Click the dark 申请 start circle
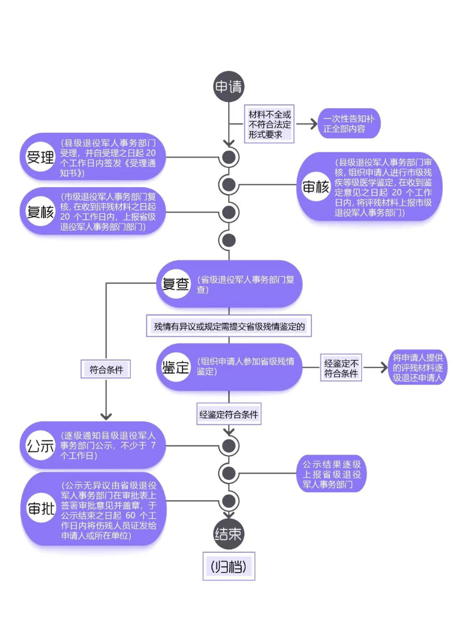(x=228, y=87)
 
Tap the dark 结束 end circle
(x=228, y=534)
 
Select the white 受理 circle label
(x=40, y=158)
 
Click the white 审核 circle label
(x=316, y=187)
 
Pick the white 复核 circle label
(x=40, y=213)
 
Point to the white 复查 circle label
(x=176, y=285)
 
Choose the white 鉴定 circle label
(x=176, y=367)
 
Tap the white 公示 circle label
(x=40, y=445)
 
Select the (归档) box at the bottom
(x=229, y=566)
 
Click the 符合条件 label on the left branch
(x=106, y=370)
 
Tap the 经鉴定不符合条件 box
(x=341, y=368)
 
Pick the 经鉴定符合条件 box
(x=229, y=414)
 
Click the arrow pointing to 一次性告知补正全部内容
(x=306, y=124)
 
